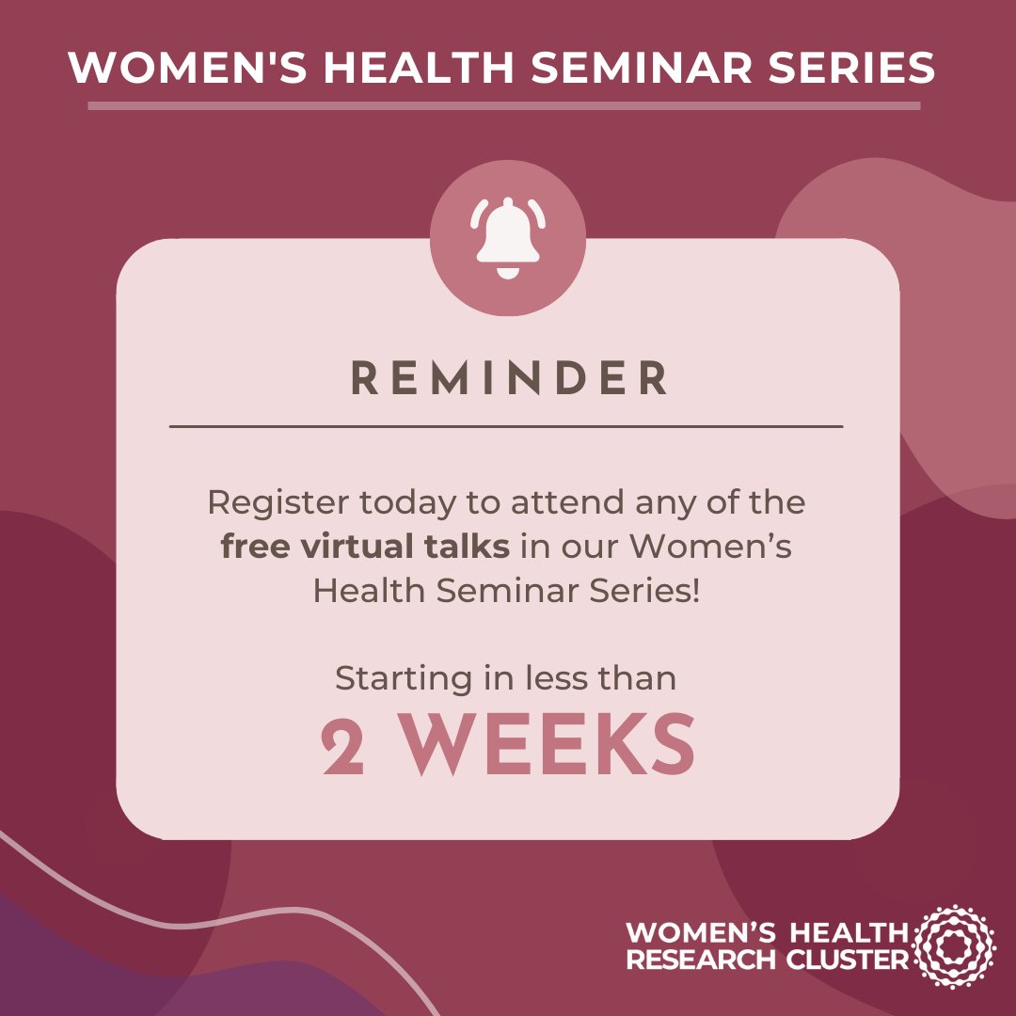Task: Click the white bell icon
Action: click(508, 237)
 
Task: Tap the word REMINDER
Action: click(509, 378)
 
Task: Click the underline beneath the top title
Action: click(504, 105)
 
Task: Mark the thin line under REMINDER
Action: click(506, 426)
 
